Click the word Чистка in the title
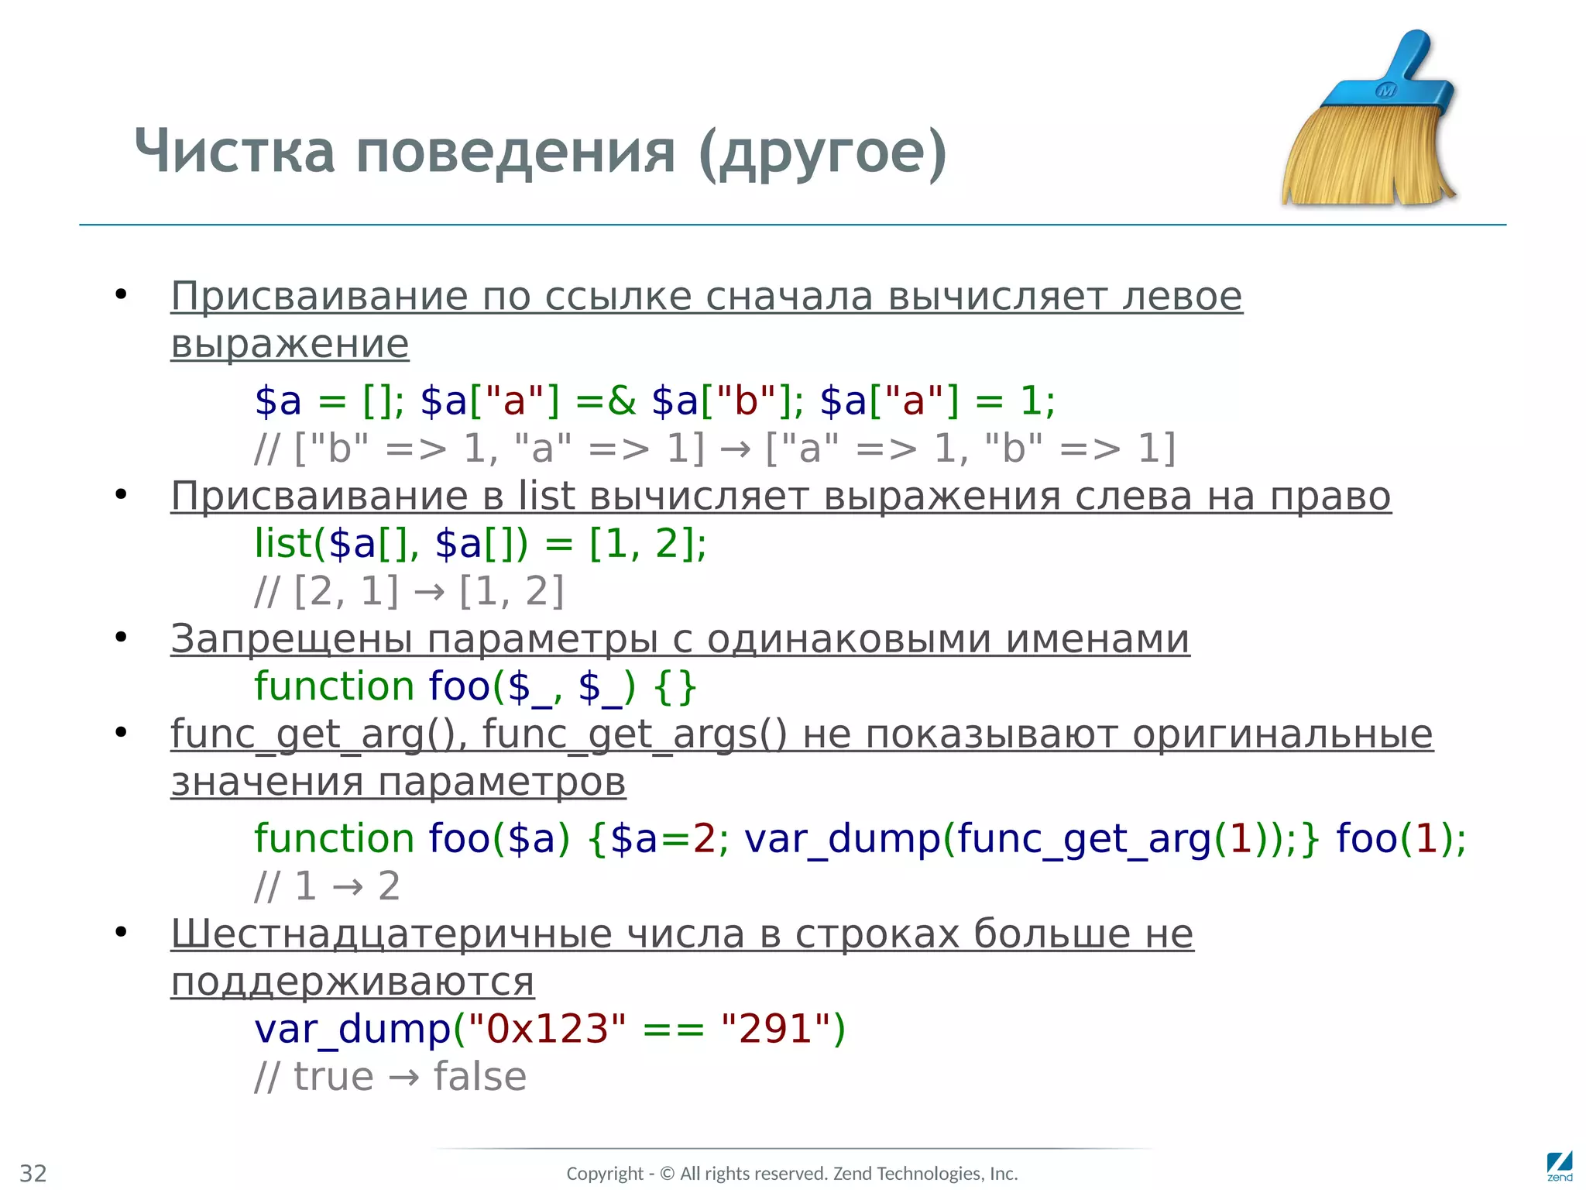234,151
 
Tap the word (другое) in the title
822,153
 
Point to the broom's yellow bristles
1363,159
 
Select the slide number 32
33,1173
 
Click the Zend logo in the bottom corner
1559,1166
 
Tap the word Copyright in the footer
604,1174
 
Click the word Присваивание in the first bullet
319,297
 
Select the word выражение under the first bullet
290,344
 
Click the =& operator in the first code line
605,401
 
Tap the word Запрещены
291,639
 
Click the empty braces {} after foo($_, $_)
675,687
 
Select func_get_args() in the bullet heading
634,734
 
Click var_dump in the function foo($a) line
842,839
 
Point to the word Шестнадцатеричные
392,934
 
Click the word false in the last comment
479,1077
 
